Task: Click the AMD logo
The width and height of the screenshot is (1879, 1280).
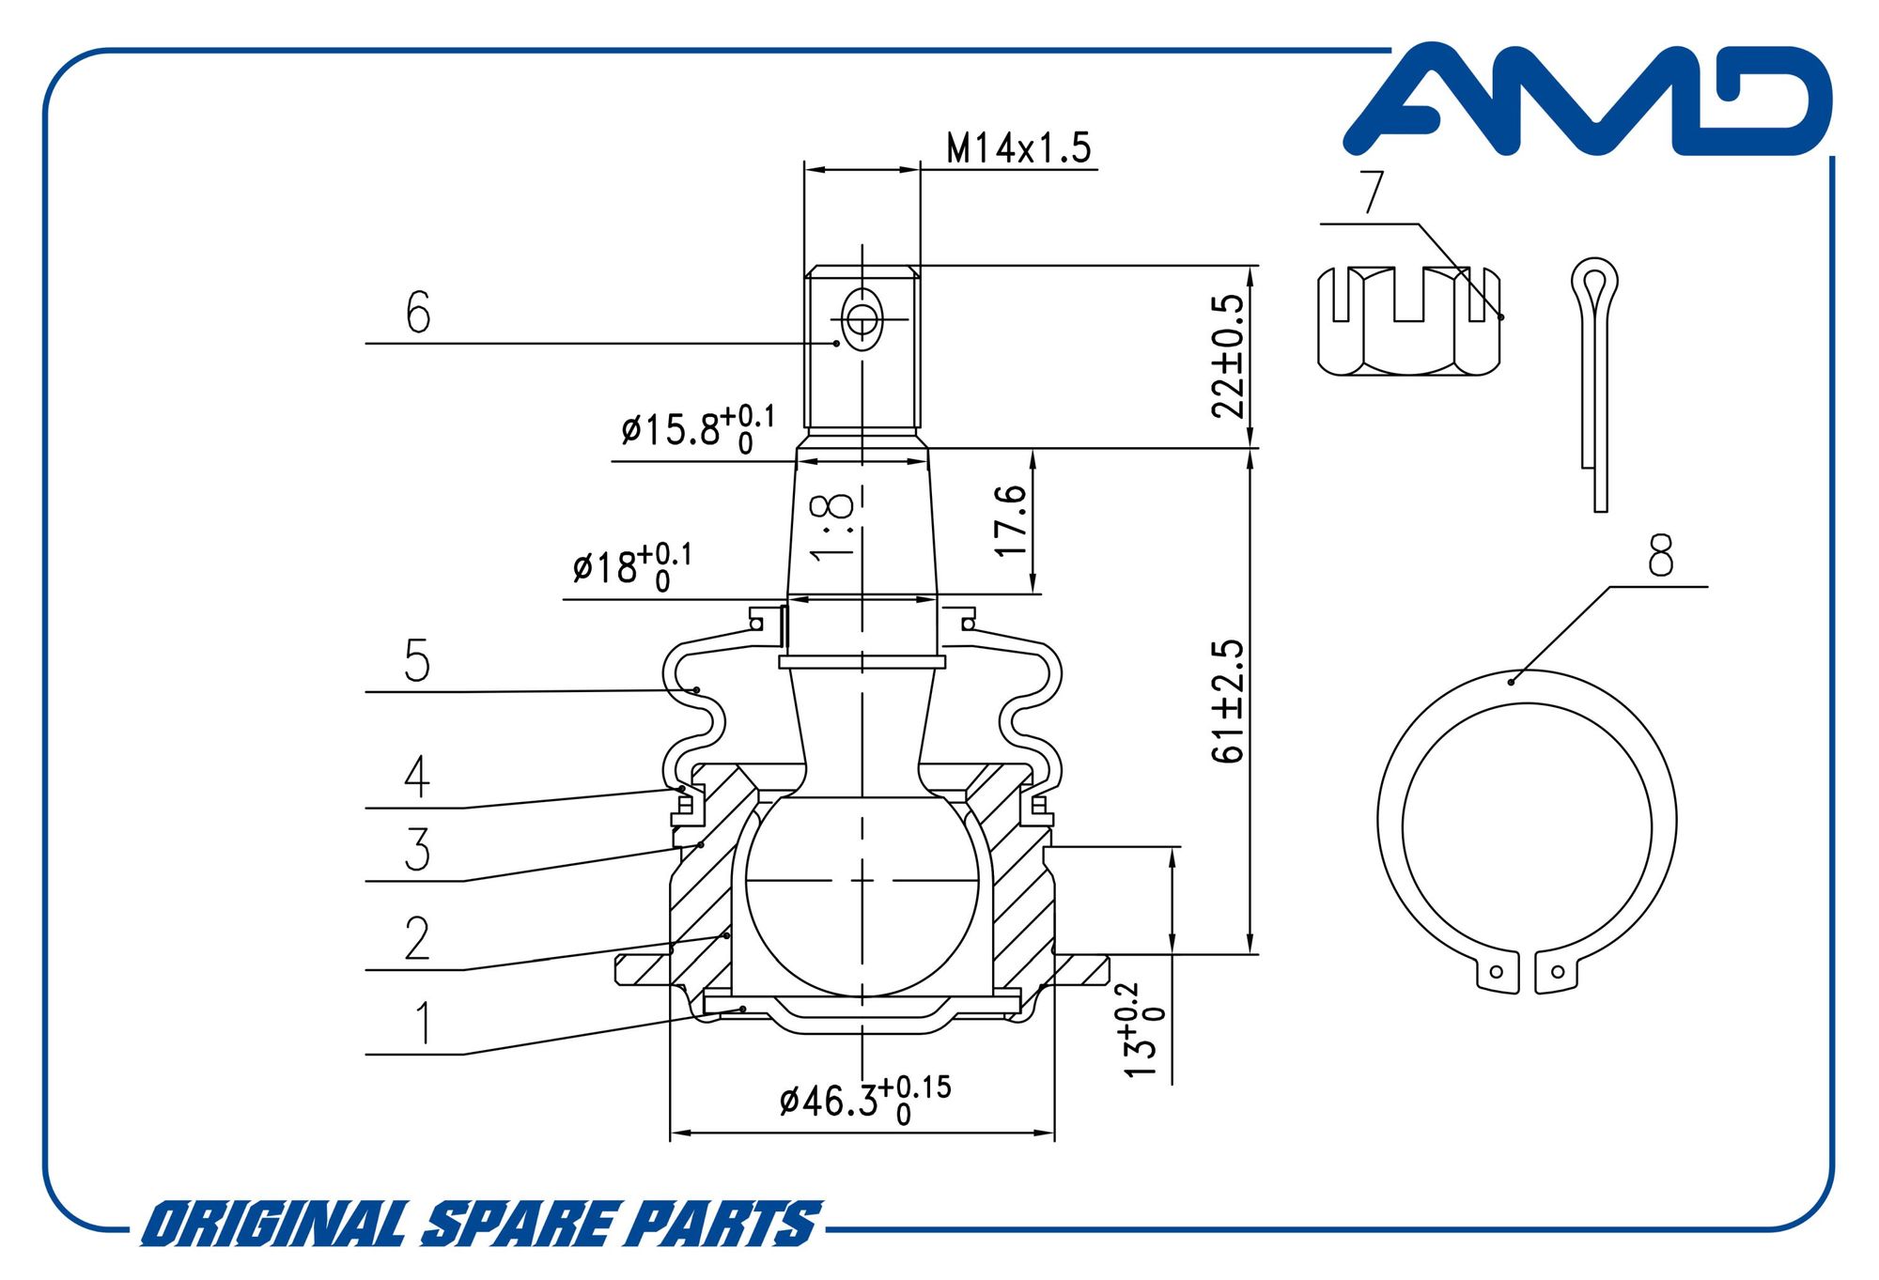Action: click(x=1588, y=100)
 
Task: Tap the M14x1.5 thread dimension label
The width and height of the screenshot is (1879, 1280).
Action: click(x=1018, y=147)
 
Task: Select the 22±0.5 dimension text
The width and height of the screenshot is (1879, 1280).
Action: click(x=1228, y=356)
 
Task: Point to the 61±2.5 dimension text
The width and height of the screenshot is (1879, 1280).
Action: click(x=1228, y=701)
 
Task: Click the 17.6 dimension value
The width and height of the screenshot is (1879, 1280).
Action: click(x=1011, y=519)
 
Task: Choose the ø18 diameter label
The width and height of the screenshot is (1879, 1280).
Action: click(x=632, y=566)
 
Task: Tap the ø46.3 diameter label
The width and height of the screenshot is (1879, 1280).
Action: click(x=865, y=1100)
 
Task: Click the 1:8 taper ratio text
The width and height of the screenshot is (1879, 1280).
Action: click(x=832, y=527)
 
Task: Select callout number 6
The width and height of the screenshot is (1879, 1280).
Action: click(x=418, y=312)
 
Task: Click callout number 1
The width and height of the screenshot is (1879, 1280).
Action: click(x=425, y=1023)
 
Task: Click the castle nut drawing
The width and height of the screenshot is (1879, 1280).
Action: click(x=1409, y=321)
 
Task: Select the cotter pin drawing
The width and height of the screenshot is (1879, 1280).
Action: click(x=1594, y=384)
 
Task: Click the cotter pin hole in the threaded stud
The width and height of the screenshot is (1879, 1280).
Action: click(x=862, y=320)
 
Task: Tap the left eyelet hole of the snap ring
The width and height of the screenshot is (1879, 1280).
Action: click(x=1498, y=972)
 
